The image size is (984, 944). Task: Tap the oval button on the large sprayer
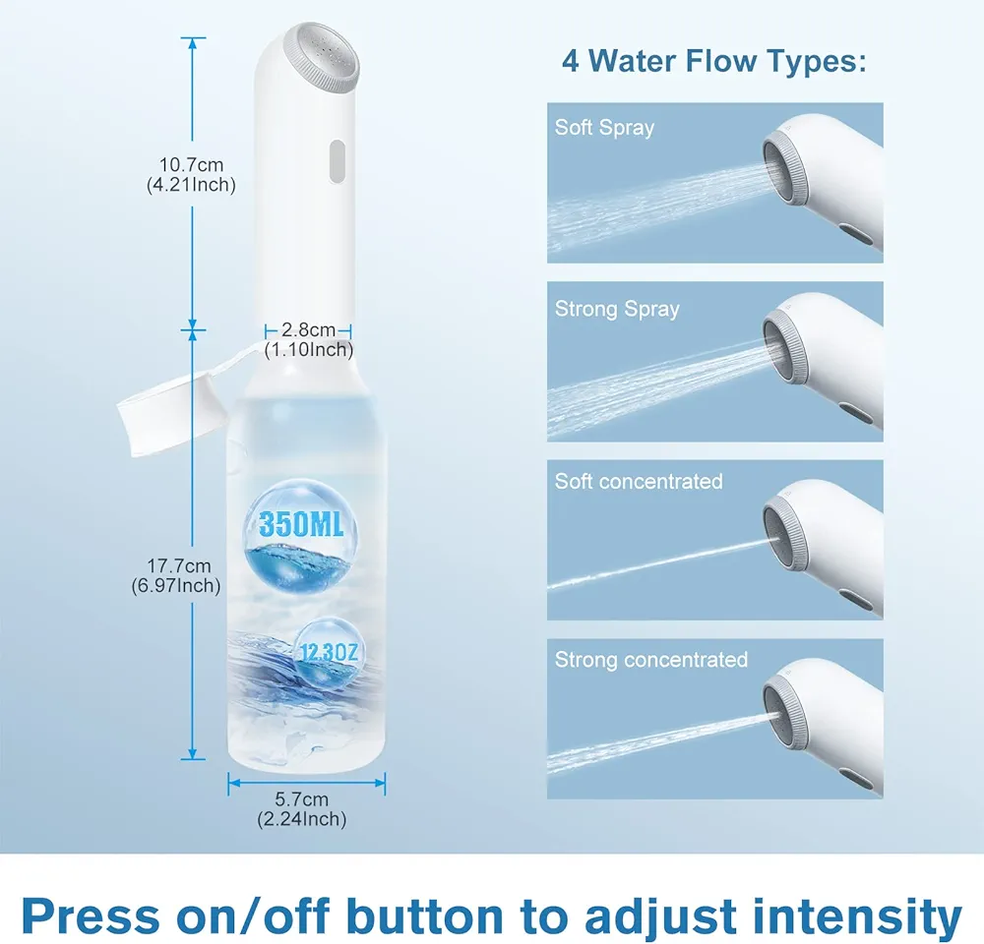pos(337,161)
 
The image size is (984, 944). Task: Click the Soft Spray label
pos(604,127)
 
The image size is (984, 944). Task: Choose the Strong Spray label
pos(617,309)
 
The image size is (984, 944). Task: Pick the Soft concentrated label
pos(639,481)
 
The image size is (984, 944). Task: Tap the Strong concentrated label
pos(651,659)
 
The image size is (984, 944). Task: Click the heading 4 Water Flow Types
pos(714,61)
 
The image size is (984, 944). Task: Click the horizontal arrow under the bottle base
pos(306,782)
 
